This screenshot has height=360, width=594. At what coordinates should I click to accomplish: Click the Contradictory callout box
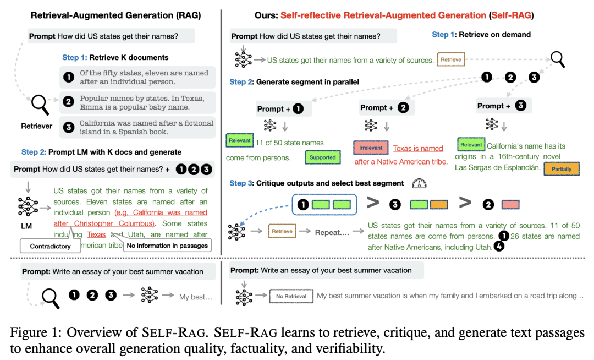pyautogui.click(x=50, y=246)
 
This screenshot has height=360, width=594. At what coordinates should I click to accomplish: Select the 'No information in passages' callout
pyautogui.click(x=168, y=246)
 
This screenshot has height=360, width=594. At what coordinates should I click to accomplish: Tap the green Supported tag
pyautogui.click(x=323, y=157)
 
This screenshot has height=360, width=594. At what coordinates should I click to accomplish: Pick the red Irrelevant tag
pyautogui.click(x=371, y=148)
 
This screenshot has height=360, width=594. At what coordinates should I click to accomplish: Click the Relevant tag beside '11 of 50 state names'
pyautogui.click(x=239, y=141)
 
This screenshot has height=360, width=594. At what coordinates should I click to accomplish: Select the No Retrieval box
pyautogui.click(x=291, y=296)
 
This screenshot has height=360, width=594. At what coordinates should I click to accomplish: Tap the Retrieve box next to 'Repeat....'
pyautogui.click(x=282, y=231)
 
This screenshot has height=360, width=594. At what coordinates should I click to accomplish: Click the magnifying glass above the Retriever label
pyautogui.click(x=41, y=103)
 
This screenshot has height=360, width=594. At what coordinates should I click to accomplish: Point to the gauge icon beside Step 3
pyautogui.click(x=420, y=183)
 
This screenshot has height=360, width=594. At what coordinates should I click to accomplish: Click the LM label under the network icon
pyautogui.click(x=27, y=226)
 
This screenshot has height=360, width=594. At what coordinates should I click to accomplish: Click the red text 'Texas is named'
pyautogui.click(x=417, y=148)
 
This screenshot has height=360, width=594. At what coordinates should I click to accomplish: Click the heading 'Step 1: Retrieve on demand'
pyautogui.click(x=481, y=34)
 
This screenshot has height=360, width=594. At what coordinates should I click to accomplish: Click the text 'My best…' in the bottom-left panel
pyautogui.click(x=195, y=297)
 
